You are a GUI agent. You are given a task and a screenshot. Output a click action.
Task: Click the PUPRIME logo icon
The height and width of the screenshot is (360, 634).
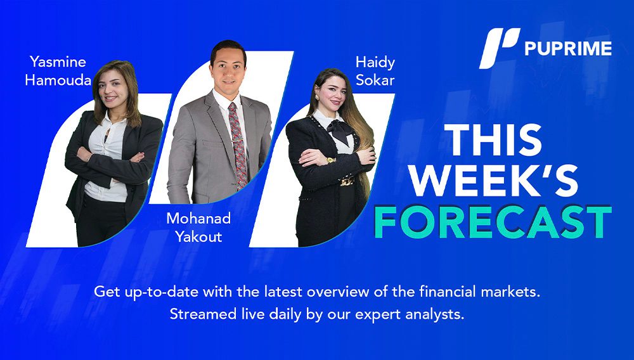[500, 48]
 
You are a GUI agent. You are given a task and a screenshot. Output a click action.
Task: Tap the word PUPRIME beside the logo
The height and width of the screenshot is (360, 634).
[568, 48]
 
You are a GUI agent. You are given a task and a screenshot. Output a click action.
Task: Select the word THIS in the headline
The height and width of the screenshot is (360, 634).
[495, 140]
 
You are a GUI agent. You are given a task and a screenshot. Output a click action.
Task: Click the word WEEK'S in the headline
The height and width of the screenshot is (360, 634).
[494, 181]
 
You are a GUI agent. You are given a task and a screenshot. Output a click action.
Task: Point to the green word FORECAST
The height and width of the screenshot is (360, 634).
[493, 222]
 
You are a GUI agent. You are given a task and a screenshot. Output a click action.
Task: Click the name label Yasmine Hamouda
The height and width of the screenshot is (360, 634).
[58, 71]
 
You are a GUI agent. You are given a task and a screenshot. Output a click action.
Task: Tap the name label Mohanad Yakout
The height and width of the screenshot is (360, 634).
[198, 227]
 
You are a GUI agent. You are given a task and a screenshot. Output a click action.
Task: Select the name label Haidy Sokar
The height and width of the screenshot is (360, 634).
[375, 71]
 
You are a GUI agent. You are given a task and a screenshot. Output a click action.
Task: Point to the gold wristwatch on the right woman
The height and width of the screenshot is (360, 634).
[331, 160]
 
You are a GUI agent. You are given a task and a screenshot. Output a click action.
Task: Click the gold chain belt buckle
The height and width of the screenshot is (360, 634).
[347, 181]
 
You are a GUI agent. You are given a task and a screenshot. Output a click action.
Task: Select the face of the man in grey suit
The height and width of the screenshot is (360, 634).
[228, 70]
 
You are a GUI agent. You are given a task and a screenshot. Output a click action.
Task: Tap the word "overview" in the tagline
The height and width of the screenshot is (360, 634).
[339, 292]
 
